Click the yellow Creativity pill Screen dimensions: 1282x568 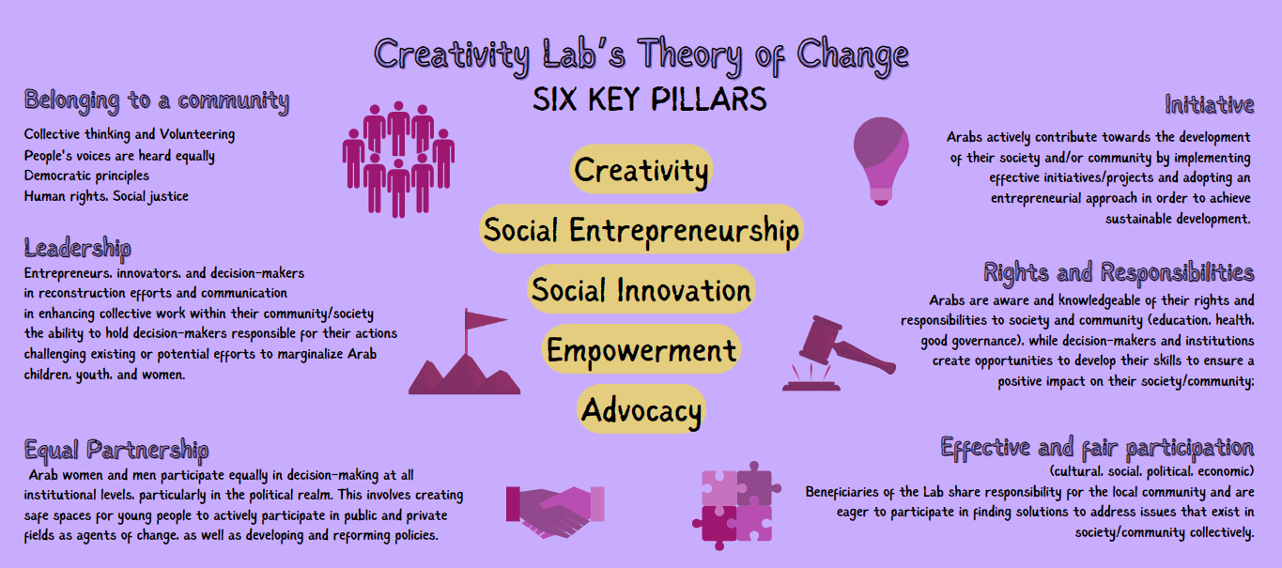[x=641, y=169]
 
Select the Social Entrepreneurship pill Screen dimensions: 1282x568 [x=641, y=229]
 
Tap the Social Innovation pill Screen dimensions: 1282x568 [x=641, y=289]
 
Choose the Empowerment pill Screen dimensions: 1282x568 [x=641, y=349]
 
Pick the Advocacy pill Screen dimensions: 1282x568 [x=641, y=409]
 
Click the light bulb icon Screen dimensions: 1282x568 [x=881, y=161]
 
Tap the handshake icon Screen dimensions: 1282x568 [x=554, y=512]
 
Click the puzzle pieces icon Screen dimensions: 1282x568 [x=736, y=506]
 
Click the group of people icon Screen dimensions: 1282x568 [x=398, y=160]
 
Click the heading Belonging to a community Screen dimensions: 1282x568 [x=156, y=101]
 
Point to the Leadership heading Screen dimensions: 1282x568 [x=77, y=248]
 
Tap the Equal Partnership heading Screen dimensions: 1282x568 [x=116, y=450]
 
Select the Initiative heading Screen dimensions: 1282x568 [x=1210, y=104]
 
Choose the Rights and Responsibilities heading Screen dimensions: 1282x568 [x=1119, y=272]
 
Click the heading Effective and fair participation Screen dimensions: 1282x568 [x=1097, y=448]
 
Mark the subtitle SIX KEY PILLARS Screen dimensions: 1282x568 [x=650, y=100]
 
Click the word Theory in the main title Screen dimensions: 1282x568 [x=689, y=55]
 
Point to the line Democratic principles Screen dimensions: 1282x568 [x=86, y=176]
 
